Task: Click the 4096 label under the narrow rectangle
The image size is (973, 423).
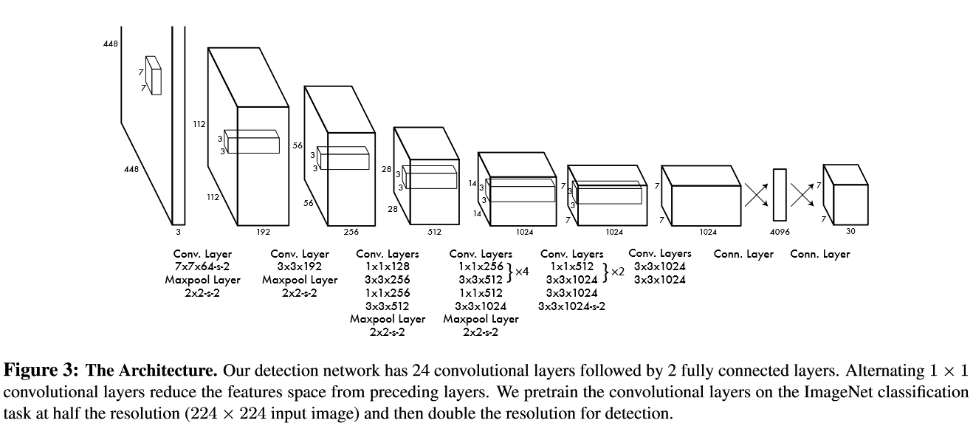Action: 780,232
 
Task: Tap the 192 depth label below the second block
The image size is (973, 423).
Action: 263,232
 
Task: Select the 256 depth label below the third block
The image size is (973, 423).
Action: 351,232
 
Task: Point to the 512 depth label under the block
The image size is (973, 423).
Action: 434,232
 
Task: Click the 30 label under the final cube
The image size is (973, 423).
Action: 850,231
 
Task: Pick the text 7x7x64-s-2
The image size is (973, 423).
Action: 202,267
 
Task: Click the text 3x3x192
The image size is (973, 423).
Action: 299,267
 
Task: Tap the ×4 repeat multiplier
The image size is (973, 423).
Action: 521,272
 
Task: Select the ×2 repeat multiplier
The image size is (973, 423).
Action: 616,272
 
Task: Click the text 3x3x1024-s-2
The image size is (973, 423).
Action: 571,306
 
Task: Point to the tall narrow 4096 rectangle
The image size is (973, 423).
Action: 780,195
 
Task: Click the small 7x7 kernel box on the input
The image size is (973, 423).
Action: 153,75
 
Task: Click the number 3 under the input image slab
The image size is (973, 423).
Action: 178,231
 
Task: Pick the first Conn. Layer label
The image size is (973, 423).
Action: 743,255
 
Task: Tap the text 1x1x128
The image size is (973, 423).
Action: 388,267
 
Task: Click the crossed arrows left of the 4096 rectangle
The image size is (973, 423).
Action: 757,196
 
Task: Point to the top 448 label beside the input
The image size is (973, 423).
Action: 111,44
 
